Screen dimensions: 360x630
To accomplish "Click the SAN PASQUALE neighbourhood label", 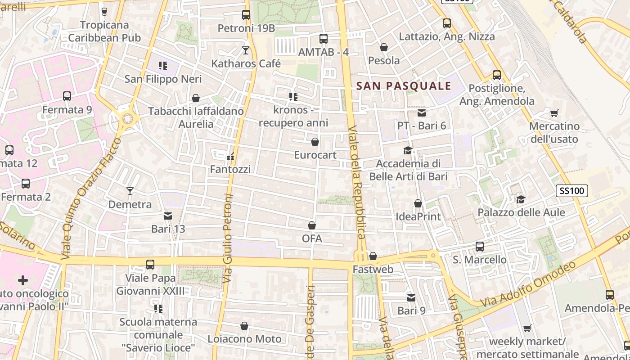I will click(x=404, y=86).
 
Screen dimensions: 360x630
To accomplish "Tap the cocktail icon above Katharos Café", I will click(x=246, y=50).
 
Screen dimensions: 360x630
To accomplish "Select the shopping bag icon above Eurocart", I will click(x=315, y=142).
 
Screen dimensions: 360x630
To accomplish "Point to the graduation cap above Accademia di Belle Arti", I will click(x=408, y=150).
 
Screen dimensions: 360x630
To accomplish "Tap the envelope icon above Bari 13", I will click(x=168, y=216).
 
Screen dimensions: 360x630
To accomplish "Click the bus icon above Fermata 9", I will click(x=67, y=96).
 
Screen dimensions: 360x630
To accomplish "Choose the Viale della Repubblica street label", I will click(x=357, y=182).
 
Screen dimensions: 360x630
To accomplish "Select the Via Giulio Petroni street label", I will click(x=228, y=238).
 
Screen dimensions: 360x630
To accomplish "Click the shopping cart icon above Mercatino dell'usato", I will click(x=554, y=113).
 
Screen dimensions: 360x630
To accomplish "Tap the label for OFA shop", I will click(x=312, y=238).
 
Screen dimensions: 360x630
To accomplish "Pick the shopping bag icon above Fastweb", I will click(x=373, y=256).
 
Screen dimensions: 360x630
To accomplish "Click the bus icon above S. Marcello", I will click(x=480, y=247).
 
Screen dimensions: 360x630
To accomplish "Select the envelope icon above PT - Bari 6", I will click(x=422, y=112).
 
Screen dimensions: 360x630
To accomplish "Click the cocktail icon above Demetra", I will click(x=130, y=191).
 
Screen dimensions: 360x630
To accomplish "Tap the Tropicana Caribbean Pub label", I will click(x=104, y=31).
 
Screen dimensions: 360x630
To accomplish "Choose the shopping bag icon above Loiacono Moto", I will click(x=244, y=326).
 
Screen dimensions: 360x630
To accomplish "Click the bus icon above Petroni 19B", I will click(x=246, y=15).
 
